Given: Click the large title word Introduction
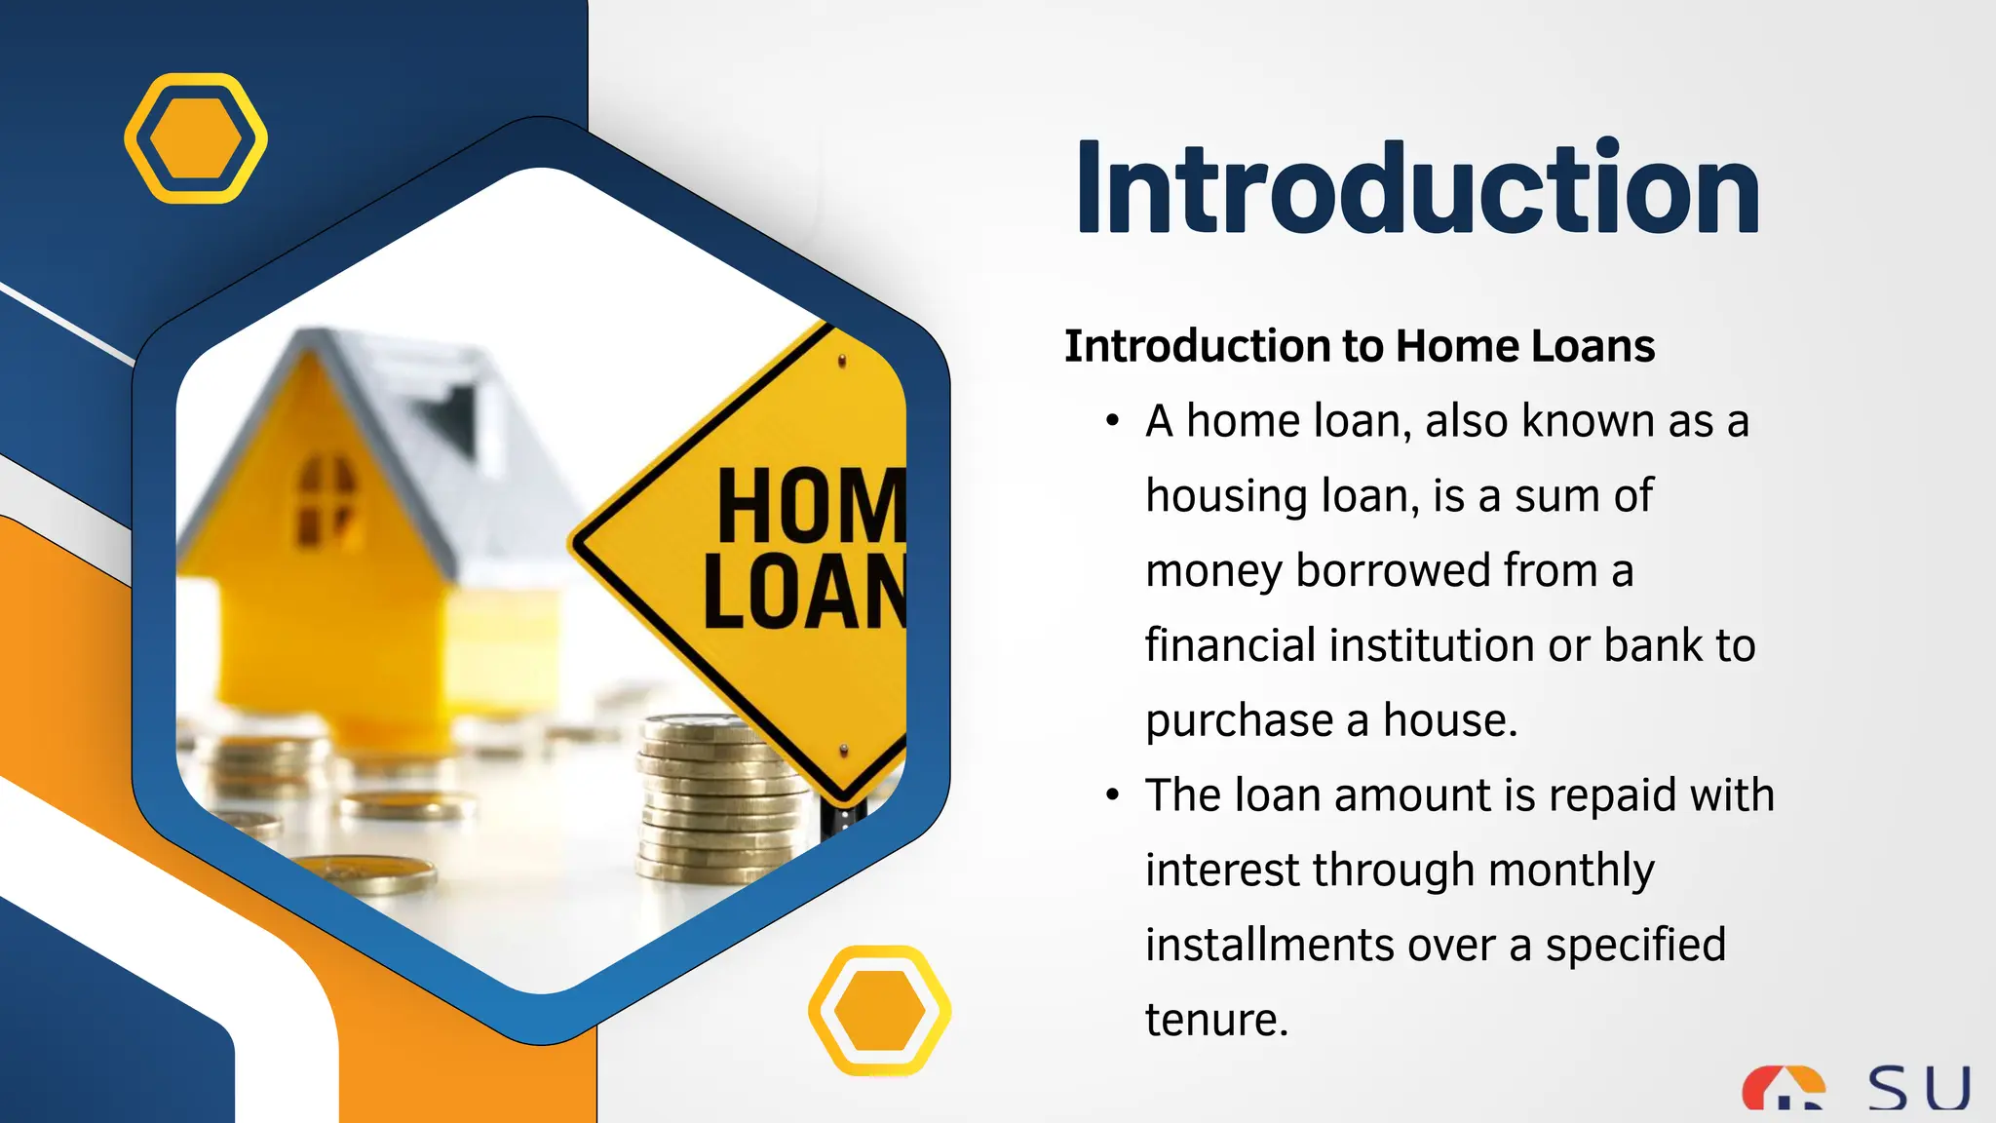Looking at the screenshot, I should click(1418, 189).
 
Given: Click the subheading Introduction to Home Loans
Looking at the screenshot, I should click(1360, 346).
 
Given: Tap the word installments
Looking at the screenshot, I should click(1270, 945).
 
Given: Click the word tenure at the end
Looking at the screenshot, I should click(1216, 1020).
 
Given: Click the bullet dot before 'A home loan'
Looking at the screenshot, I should click(1113, 422).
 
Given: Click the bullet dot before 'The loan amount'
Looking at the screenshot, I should click(1113, 795).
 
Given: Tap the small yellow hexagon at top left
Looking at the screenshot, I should click(196, 138).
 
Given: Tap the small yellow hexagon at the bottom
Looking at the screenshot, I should click(880, 1011).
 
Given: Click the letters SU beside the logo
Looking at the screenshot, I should click(1918, 1089).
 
